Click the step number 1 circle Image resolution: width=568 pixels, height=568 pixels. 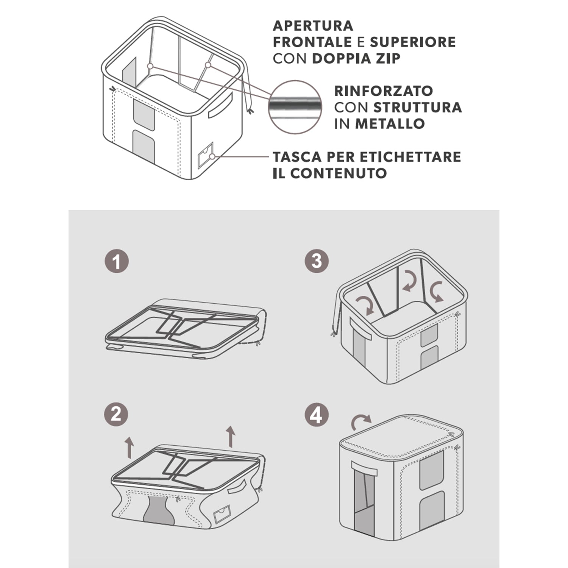point(117,261)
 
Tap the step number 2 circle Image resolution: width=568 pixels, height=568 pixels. point(117,414)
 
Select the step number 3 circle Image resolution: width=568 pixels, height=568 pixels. point(316,261)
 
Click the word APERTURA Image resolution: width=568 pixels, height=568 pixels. point(313,26)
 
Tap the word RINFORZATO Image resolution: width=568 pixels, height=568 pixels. point(383,91)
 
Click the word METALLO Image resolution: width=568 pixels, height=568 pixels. point(390,124)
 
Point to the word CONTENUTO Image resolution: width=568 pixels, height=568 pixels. point(339,173)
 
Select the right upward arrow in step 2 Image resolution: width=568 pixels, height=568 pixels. point(230,436)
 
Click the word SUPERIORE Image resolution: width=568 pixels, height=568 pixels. point(413,42)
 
